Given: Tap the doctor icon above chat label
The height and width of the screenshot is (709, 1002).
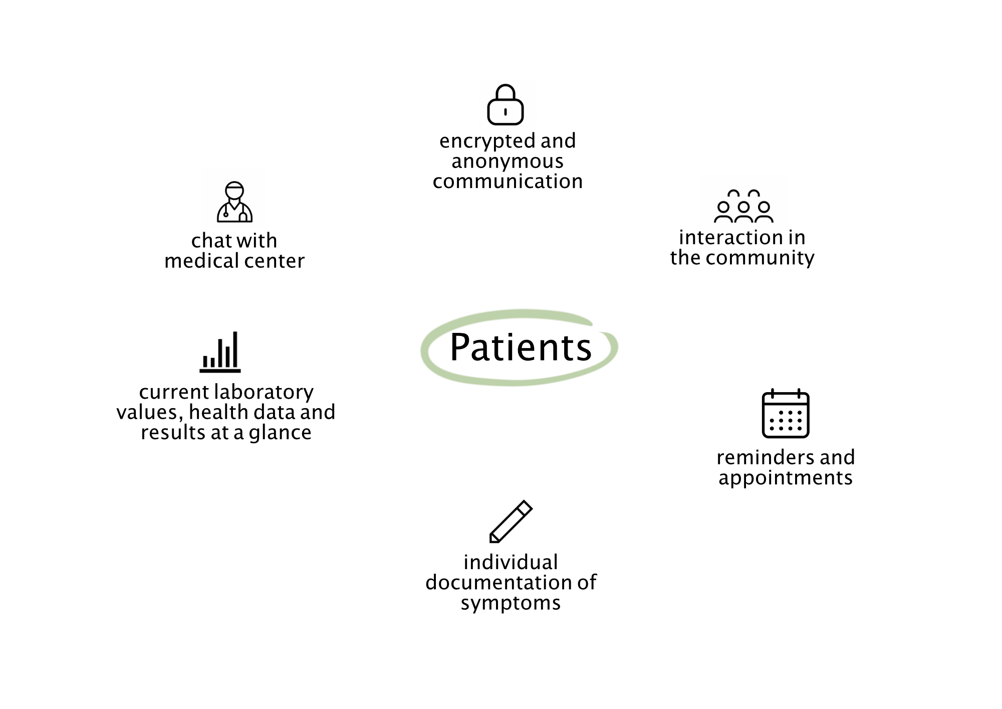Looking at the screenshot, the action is click(x=234, y=202).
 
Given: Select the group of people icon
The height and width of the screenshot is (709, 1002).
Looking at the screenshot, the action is click(x=743, y=206).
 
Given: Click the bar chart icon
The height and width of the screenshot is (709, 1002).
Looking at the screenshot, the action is click(x=220, y=352).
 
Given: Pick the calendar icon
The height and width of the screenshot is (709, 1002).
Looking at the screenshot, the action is click(x=786, y=413).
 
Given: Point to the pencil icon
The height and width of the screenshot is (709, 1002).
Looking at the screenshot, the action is click(x=511, y=521).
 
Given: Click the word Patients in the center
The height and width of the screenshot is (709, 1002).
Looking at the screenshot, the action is click(x=521, y=347).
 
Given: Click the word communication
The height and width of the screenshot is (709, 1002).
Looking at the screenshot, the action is click(x=508, y=182).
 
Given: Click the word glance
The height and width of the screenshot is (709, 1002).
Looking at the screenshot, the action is click(x=280, y=433).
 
